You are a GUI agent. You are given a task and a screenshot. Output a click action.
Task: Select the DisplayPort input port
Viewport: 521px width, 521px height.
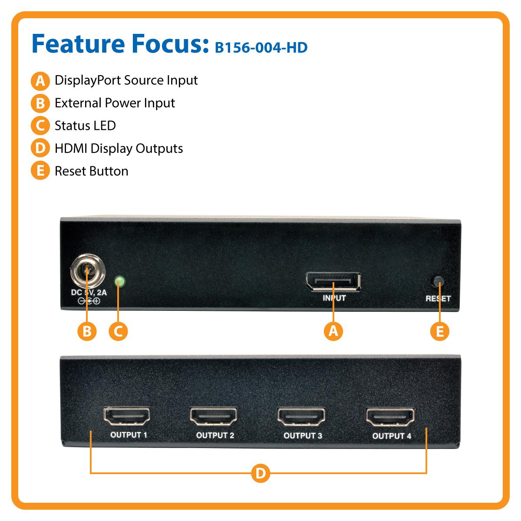pos(333,283)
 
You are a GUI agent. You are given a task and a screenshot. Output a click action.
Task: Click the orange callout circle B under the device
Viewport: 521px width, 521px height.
pos(87,331)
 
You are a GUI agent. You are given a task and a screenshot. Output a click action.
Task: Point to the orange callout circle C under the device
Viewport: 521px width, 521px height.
pos(119,331)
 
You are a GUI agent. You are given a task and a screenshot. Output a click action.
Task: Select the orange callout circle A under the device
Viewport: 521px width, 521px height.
pos(333,331)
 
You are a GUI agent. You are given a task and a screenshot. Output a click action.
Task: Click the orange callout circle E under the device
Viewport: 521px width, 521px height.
pos(440,331)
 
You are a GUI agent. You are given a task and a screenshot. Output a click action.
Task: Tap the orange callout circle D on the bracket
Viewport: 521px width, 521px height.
pos(260,473)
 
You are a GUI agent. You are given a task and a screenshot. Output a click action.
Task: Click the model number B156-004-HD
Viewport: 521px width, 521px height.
pos(261,47)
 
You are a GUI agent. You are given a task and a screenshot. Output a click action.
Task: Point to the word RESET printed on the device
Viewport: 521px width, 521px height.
pos(438,299)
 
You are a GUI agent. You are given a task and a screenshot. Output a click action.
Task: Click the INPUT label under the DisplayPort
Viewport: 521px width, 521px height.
pos(334,298)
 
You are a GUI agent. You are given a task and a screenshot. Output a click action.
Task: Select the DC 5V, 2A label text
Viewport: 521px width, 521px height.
pos(89,293)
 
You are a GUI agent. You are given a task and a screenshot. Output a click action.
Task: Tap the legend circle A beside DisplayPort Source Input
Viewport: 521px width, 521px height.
pos(40,81)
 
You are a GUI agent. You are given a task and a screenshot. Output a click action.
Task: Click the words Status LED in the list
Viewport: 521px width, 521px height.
pos(85,126)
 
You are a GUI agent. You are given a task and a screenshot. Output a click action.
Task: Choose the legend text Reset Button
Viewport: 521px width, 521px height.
pos(92,171)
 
